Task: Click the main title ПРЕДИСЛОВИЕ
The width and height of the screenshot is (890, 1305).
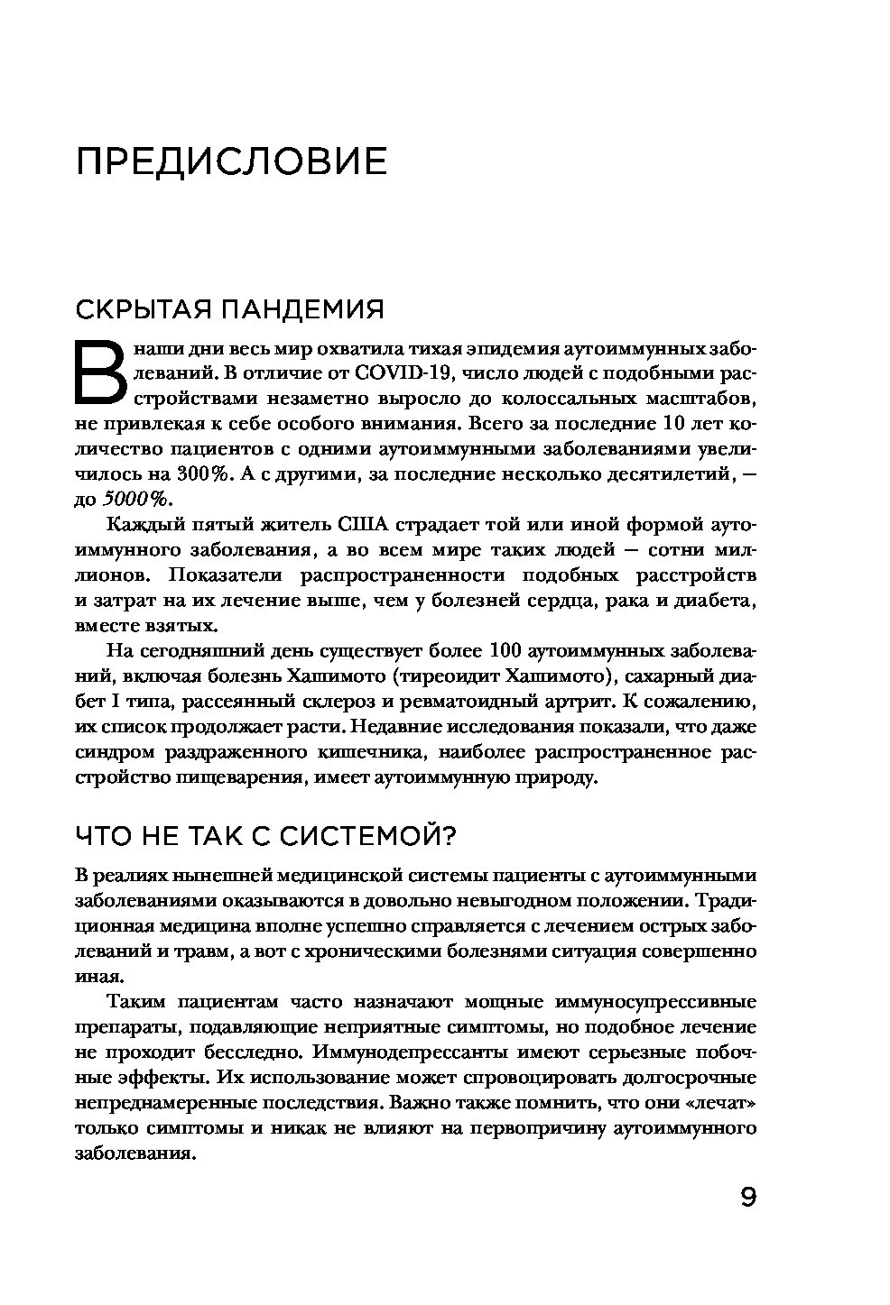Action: (x=231, y=162)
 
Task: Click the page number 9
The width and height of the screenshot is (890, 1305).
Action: (x=747, y=1198)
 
